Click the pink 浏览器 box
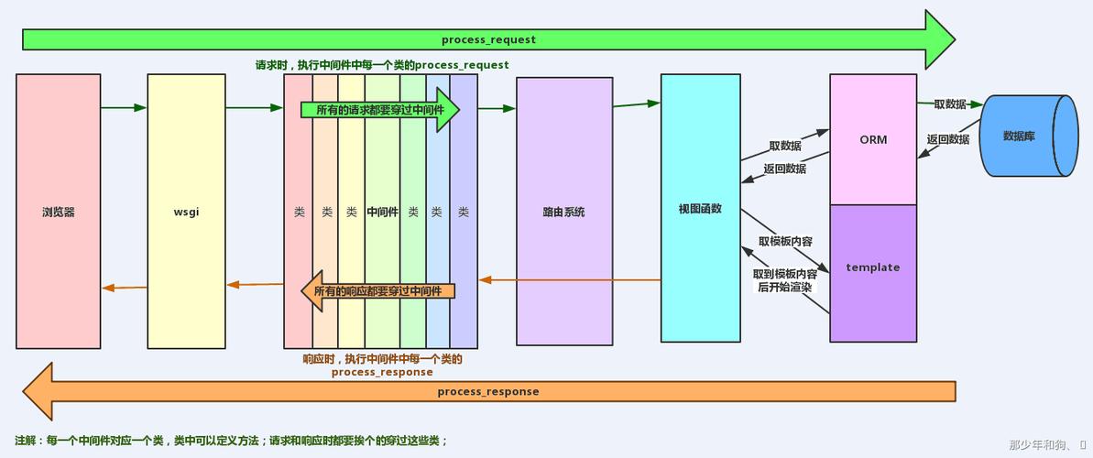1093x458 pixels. pos(58,212)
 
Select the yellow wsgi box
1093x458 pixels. pos(186,212)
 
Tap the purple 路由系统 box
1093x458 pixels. pos(563,212)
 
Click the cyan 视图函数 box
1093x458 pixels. pos(700,208)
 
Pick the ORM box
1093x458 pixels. pos(872,140)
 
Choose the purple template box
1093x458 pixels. pos(872,267)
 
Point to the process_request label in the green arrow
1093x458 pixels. pos(488,39)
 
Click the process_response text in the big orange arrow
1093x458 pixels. pos(488,391)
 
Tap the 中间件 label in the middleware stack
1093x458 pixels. pos(382,212)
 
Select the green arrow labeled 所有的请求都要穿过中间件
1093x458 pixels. pos(378,110)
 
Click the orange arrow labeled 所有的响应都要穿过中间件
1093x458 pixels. pos(378,291)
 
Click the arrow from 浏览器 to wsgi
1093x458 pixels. pos(124,108)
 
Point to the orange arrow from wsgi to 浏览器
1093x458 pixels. pos(124,288)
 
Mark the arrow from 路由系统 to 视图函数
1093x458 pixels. pos(637,104)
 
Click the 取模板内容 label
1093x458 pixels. pos(785,242)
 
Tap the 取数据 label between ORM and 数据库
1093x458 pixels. pos(950,104)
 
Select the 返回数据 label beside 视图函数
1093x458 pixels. pos(785,169)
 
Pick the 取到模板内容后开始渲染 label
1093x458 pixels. pos(785,280)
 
